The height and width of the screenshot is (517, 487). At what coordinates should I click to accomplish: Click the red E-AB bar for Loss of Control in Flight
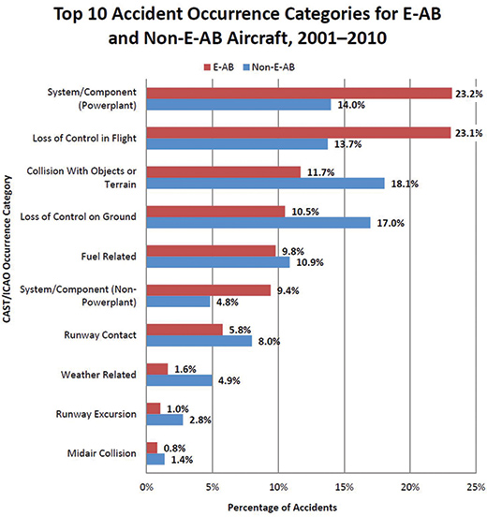[299, 133]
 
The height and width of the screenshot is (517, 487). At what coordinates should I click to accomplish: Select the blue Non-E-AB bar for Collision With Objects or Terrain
[266, 184]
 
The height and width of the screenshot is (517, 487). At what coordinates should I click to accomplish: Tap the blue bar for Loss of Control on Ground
[258, 223]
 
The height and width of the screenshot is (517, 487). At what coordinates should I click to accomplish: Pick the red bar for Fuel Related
[212, 251]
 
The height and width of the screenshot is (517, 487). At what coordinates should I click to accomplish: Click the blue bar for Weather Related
[180, 380]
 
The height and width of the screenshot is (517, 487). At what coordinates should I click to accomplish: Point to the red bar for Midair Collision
[153, 448]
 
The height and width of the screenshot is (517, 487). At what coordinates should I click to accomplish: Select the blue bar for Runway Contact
[199, 341]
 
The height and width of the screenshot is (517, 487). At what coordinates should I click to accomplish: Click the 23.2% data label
[469, 94]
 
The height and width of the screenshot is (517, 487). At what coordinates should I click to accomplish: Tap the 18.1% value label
[405, 184]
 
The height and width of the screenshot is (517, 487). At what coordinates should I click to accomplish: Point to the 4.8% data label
[228, 302]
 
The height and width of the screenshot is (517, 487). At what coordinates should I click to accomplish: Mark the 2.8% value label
[200, 420]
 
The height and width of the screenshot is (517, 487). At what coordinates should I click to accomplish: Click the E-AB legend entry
[219, 67]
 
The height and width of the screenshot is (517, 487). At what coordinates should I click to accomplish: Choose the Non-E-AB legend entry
[269, 67]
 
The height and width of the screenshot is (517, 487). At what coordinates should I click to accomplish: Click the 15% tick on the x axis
[345, 487]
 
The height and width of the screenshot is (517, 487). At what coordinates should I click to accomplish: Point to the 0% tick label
[147, 487]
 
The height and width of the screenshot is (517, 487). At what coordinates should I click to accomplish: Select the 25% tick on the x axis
[476, 487]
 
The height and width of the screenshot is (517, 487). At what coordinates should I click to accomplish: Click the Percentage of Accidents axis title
[282, 508]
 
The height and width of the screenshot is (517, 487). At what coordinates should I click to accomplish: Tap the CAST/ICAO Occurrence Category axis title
[7, 249]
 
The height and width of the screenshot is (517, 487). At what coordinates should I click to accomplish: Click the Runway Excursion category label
[96, 414]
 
